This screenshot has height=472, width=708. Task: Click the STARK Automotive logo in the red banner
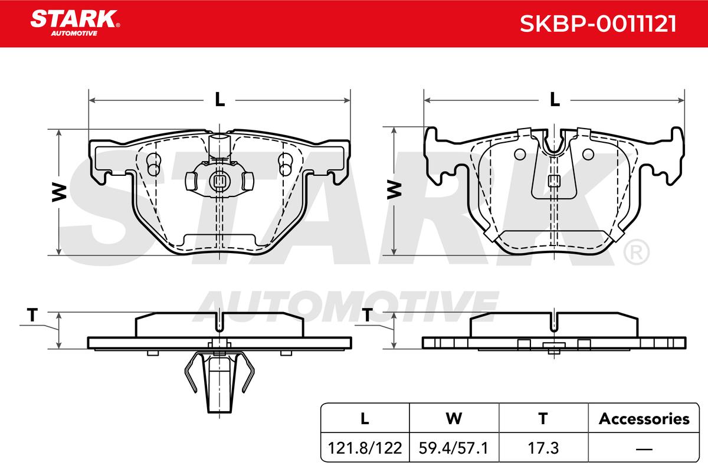75,23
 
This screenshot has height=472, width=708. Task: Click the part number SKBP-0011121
598,24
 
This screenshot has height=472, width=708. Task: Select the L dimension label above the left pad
219,100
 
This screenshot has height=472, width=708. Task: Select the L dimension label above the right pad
555,100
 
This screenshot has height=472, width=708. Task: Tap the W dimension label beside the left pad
59,192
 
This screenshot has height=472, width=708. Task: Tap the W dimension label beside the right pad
394,190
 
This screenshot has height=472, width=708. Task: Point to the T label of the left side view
32,315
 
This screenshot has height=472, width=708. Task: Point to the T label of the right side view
367,315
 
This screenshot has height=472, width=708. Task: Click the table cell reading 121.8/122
365,448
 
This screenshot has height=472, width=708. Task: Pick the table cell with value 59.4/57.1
454,448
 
